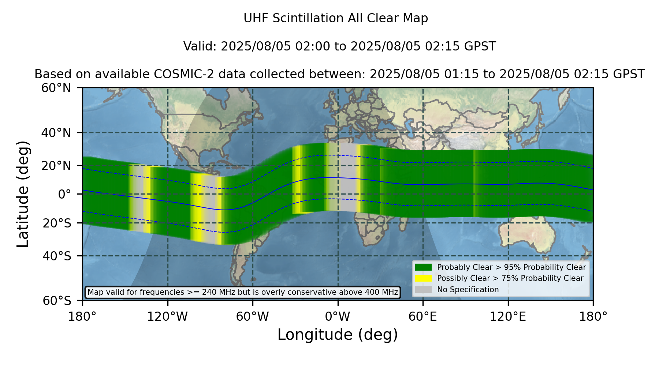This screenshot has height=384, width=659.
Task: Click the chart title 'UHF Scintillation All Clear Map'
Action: [x=336, y=18]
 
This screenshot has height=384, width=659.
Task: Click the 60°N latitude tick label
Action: [x=56, y=88]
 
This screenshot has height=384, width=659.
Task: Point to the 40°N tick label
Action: [x=56, y=133]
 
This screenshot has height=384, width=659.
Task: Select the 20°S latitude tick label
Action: [x=57, y=223]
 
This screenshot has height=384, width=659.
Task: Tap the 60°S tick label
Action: [x=57, y=301]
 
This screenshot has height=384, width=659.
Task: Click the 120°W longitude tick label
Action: [x=167, y=317]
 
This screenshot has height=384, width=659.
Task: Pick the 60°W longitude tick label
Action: [x=253, y=317]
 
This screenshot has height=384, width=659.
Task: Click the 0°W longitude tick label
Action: [x=338, y=317]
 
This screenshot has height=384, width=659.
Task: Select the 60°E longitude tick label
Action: [x=423, y=317]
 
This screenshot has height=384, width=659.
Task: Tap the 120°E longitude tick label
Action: [x=508, y=317]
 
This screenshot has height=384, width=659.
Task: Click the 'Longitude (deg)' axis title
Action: [x=338, y=335]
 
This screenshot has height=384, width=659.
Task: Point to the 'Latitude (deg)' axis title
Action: [x=23, y=194]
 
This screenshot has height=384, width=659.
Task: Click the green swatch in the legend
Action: [x=423, y=267]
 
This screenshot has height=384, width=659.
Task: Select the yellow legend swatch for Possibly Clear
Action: [x=423, y=278]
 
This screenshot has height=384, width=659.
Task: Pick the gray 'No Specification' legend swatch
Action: [x=423, y=290]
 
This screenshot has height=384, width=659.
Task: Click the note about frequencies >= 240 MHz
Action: [x=243, y=292]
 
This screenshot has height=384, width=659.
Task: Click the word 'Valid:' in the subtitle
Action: [x=200, y=46]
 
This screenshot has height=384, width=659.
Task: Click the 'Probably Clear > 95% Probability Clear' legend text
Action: [x=511, y=267]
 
